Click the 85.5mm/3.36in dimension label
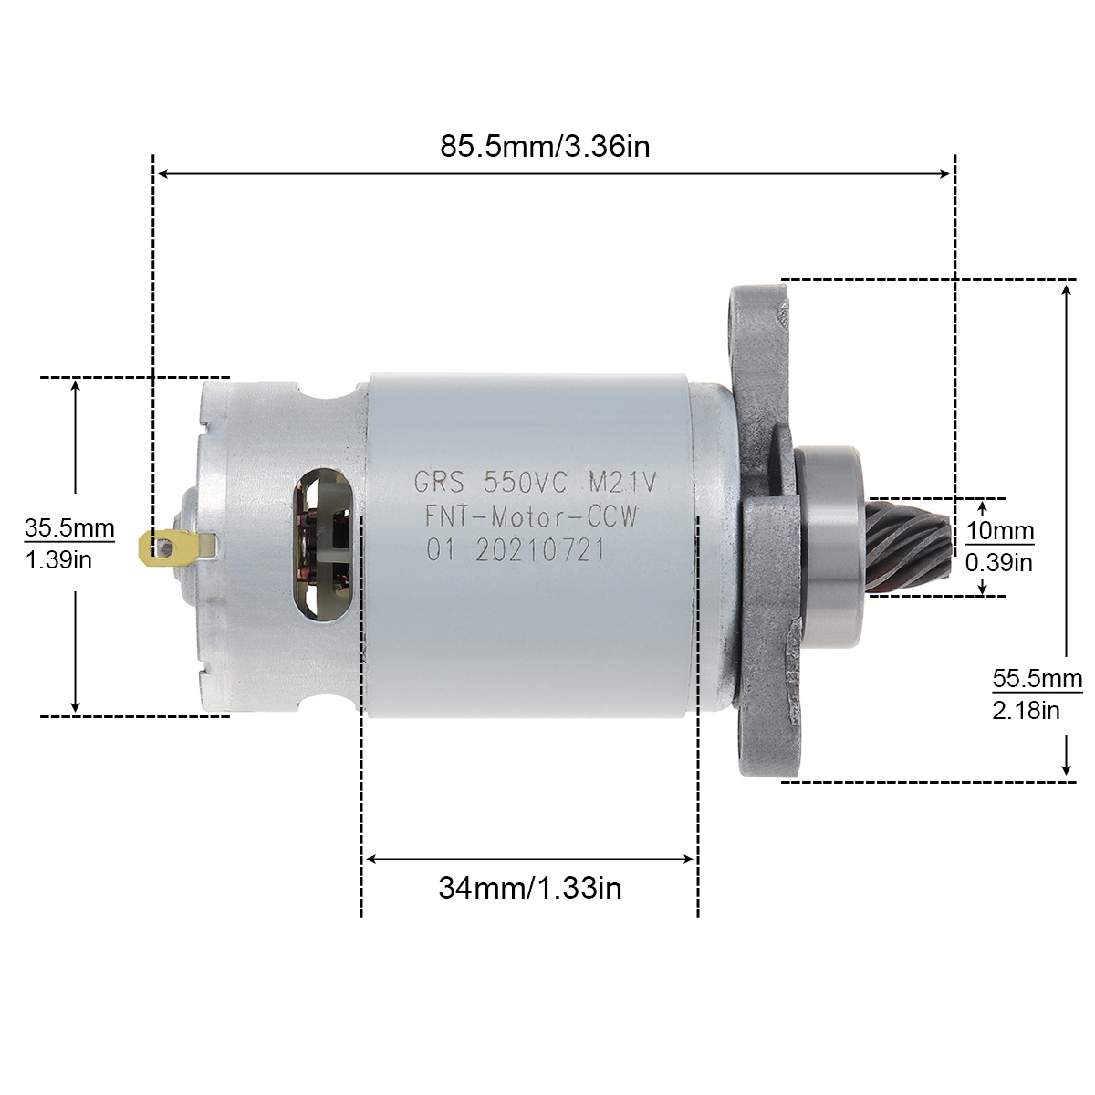point(545,147)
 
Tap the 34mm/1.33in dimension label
point(529,888)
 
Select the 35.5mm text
point(69,528)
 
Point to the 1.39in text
point(58,560)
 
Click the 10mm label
point(999,531)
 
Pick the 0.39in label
point(999,563)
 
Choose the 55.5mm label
point(1037,679)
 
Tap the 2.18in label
point(1027,710)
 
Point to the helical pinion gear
point(908,547)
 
